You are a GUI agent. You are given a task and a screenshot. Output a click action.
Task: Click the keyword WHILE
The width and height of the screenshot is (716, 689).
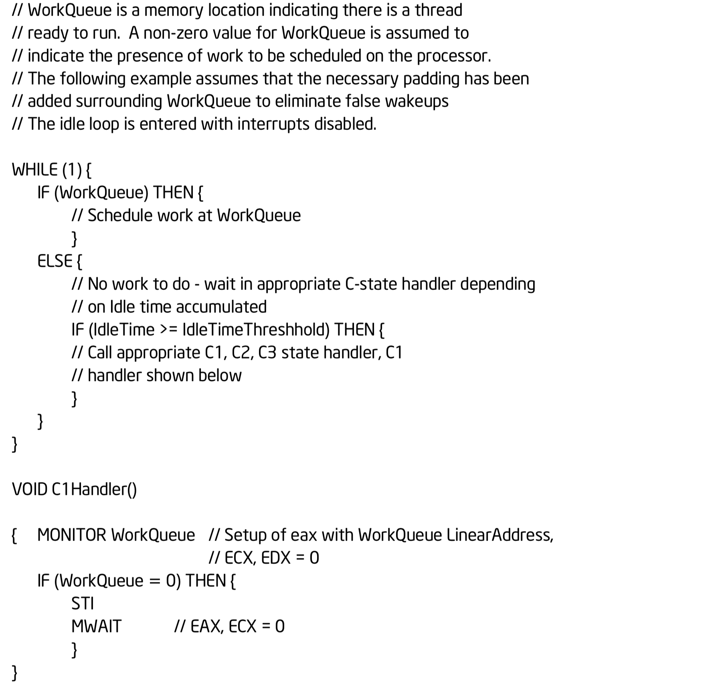pyautogui.click(x=34, y=170)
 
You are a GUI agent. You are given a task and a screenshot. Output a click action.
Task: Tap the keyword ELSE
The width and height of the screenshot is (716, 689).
pyautogui.click(x=55, y=261)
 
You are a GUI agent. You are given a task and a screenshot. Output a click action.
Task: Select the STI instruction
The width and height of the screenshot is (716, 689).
pyautogui.click(x=82, y=603)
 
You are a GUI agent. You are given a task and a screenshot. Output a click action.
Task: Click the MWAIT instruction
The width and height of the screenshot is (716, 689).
pyautogui.click(x=96, y=626)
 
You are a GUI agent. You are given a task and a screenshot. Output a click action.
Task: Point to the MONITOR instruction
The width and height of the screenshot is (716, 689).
pyautogui.click(x=71, y=535)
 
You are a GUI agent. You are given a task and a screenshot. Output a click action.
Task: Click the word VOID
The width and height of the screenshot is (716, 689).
pyautogui.click(x=30, y=489)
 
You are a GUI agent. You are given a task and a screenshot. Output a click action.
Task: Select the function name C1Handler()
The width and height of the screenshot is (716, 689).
pyautogui.click(x=95, y=489)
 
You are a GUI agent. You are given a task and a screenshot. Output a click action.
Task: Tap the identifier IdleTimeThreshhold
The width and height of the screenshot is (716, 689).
pyautogui.click(x=256, y=330)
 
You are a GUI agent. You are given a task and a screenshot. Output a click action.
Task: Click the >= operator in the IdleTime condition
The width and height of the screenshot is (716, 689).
pyautogui.click(x=168, y=330)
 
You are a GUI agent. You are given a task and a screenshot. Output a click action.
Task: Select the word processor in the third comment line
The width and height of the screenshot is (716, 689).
pyautogui.click(x=454, y=56)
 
